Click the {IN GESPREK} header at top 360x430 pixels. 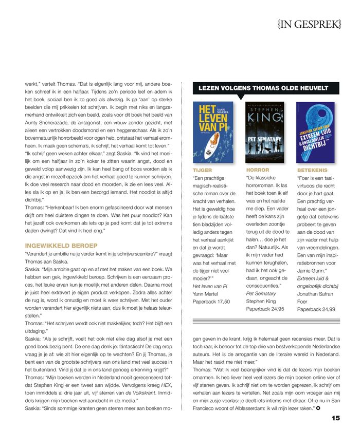point(316,24)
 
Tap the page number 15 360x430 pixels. point(335,418)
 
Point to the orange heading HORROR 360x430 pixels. point(257,170)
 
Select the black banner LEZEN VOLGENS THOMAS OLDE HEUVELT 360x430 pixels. point(263,88)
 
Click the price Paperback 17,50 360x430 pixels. point(211,302)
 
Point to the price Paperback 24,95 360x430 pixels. point(265,309)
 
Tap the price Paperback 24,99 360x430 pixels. point(316,309)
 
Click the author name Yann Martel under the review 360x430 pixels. point(206,294)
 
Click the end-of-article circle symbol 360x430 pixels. point(318,407)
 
